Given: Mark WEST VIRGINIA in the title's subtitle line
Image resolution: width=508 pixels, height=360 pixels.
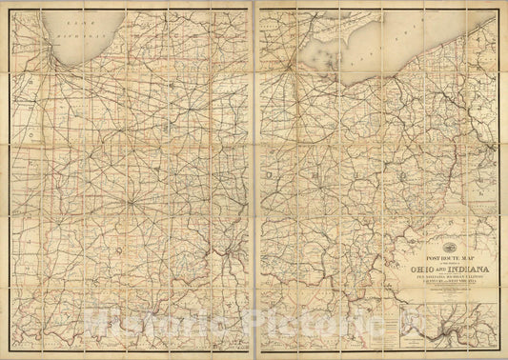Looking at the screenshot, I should tap(453, 282).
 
